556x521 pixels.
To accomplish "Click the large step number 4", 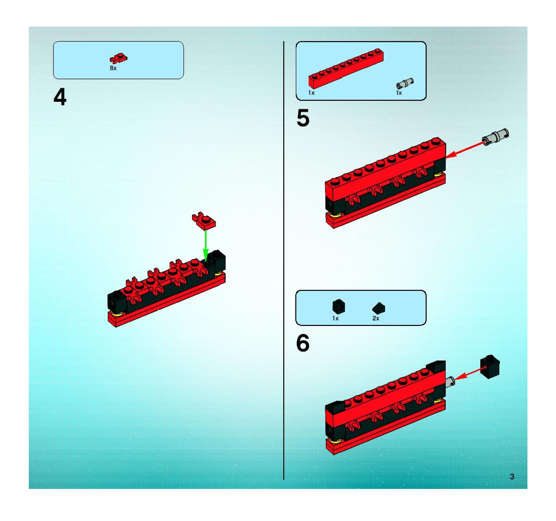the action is pyautogui.click(x=60, y=97).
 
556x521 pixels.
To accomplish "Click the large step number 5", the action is pyautogui.click(x=303, y=118).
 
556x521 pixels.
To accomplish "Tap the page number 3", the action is pyautogui.click(x=512, y=477).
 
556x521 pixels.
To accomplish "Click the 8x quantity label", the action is pyautogui.click(x=113, y=68).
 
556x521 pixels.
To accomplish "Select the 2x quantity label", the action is pyautogui.click(x=376, y=318).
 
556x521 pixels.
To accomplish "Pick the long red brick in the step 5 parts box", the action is pyautogui.click(x=346, y=68).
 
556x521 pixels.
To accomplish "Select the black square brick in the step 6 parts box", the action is pyautogui.click(x=339, y=306).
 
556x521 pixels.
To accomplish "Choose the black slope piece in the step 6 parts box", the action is pyautogui.click(x=379, y=308).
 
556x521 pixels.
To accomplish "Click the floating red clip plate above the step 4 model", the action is pyautogui.click(x=204, y=220).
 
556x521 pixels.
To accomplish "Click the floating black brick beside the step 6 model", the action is pyautogui.click(x=490, y=367).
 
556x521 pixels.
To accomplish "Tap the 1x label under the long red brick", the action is pyautogui.click(x=311, y=93).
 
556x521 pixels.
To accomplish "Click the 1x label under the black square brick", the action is pyautogui.click(x=335, y=318).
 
